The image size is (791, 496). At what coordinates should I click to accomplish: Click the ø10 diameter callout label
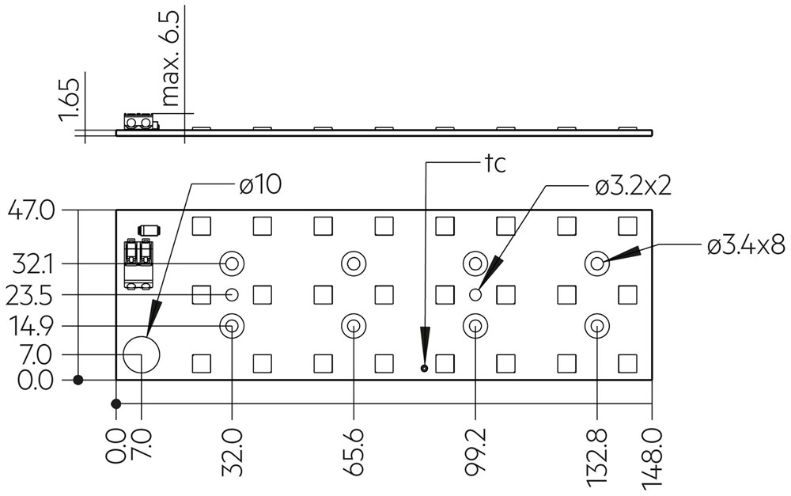pyautogui.click(x=260, y=185)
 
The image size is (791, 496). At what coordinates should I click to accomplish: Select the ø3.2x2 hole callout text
pyautogui.click(x=633, y=187)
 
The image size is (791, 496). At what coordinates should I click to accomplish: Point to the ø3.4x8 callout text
pyautogui.click(x=746, y=246)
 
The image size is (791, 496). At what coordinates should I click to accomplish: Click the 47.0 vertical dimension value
pyautogui.click(x=30, y=210)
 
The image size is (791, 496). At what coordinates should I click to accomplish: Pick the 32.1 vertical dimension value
pyautogui.click(x=32, y=264)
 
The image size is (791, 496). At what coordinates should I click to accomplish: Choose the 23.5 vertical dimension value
pyautogui.click(x=29, y=296)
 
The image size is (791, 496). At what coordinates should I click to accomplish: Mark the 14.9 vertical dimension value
pyautogui.click(x=30, y=326)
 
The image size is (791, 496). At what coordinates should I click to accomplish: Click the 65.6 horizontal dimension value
pyautogui.click(x=354, y=452)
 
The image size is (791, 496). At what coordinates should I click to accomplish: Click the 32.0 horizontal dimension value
pyautogui.click(x=232, y=452)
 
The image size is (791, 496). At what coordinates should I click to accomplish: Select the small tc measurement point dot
pyautogui.click(x=424, y=369)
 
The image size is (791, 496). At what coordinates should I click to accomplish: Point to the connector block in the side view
pyautogui.click(x=138, y=122)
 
